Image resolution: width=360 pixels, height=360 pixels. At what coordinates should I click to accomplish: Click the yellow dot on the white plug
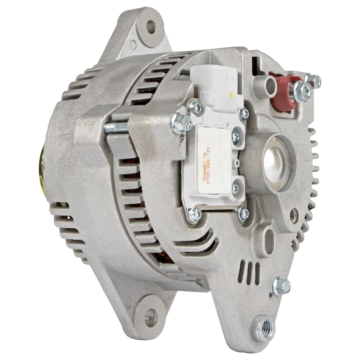tap(231, 94)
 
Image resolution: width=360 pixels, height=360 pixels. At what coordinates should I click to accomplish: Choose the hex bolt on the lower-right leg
tap(281, 286)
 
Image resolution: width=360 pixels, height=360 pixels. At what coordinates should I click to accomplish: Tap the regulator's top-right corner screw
tap(244, 113)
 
